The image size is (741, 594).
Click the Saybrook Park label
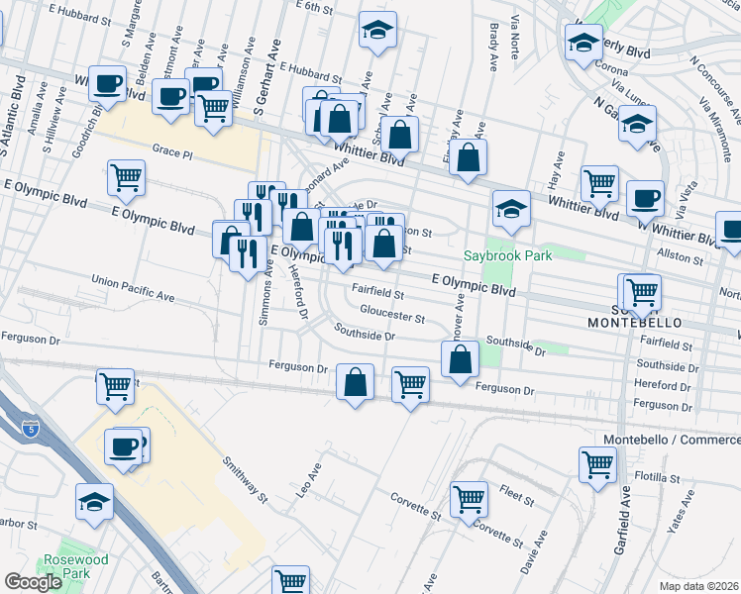[508, 254]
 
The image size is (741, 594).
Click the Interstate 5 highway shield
[31, 428]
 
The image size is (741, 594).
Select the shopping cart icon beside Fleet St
[470, 497]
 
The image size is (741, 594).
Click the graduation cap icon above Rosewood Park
[95, 500]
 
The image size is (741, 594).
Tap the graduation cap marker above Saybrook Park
[511, 207]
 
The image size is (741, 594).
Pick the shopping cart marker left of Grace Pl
[127, 177]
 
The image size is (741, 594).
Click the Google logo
[33, 582]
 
